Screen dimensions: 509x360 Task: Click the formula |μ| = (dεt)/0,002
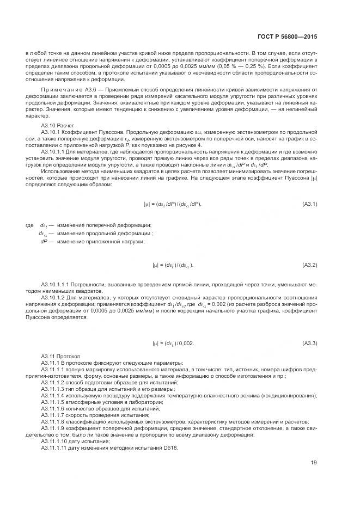click(173, 344)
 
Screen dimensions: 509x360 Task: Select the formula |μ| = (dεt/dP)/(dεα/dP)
click(173, 204)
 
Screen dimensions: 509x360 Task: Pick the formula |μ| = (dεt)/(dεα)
click(173, 265)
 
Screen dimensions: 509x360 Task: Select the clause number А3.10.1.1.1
click(57, 284)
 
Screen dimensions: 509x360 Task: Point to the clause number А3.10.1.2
click(54, 298)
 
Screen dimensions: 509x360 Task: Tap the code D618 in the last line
click(170, 447)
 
